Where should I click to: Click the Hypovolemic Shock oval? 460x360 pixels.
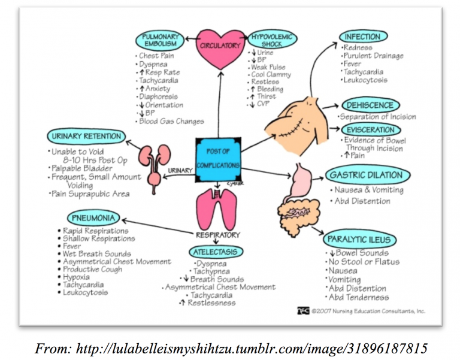[271, 40]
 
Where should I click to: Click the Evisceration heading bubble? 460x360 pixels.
[372, 129]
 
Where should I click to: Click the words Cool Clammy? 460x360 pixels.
[271, 75]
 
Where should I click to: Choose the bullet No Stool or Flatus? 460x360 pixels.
[363, 262]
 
